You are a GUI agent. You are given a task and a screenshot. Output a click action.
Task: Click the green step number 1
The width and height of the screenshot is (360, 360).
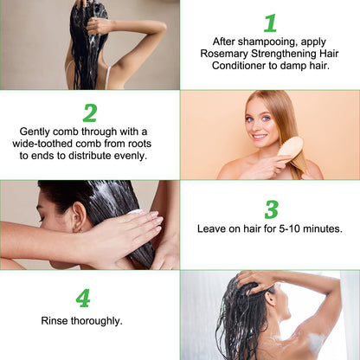(x=270, y=23)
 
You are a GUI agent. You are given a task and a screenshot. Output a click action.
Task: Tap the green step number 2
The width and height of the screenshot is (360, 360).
(x=90, y=113)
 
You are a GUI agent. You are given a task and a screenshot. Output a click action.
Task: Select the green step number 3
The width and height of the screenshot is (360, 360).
(x=272, y=209)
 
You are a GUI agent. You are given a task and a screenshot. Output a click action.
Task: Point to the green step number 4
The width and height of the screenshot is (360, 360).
(x=83, y=299)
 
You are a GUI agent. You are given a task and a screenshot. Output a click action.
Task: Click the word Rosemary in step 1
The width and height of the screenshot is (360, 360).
(x=224, y=54)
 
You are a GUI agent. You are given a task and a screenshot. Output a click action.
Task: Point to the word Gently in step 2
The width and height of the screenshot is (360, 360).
(x=35, y=132)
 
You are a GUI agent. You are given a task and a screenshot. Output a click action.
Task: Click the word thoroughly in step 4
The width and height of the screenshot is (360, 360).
(x=97, y=321)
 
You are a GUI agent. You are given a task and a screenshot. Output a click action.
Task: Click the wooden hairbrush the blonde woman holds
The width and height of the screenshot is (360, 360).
(x=289, y=149)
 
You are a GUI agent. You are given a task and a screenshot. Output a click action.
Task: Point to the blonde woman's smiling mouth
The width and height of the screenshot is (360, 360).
(x=260, y=137)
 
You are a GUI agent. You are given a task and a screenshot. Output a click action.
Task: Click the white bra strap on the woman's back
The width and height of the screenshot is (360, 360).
(x=107, y=77)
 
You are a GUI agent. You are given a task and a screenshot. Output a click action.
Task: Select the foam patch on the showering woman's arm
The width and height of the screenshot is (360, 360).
(x=317, y=343)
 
